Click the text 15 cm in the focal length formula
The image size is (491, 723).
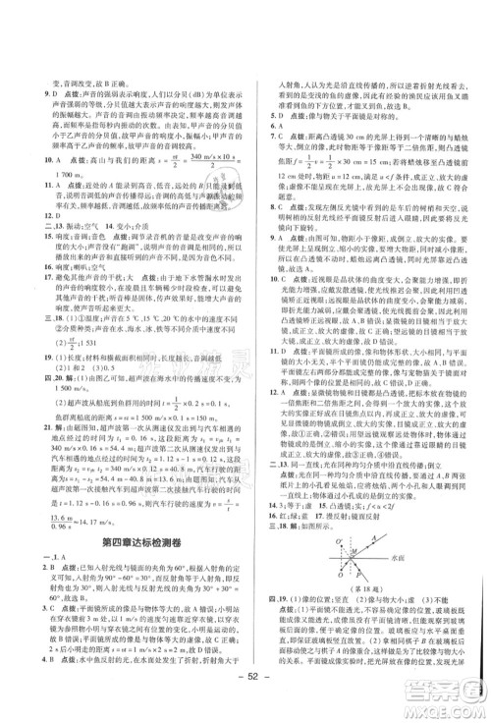point(342,160)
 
